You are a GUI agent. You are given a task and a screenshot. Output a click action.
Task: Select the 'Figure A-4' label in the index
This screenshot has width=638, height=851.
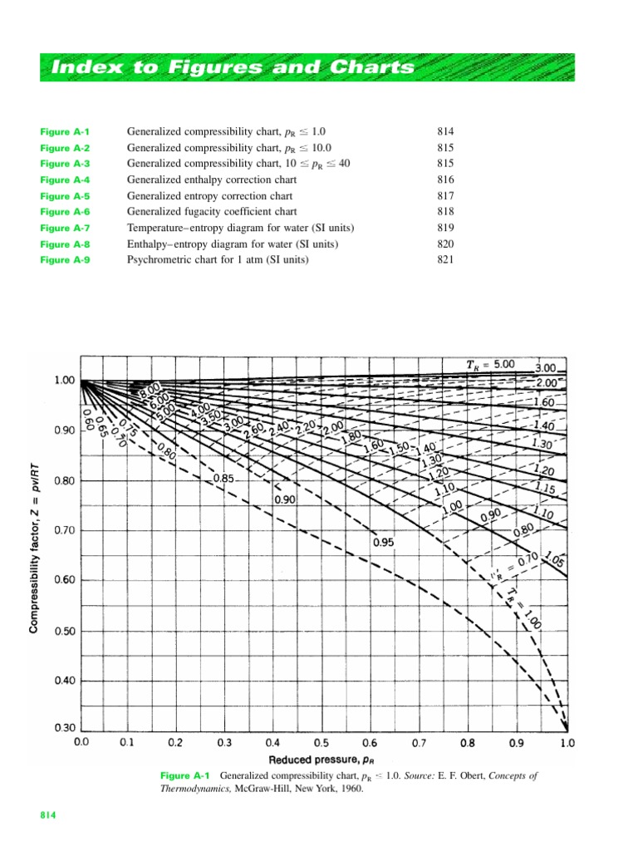click(65, 180)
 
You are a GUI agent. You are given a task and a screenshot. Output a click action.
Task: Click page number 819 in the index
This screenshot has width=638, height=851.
click(445, 229)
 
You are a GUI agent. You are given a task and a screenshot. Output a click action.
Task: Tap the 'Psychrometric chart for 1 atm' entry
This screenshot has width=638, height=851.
click(217, 260)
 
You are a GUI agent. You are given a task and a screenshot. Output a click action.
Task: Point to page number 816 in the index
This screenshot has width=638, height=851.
click(445, 180)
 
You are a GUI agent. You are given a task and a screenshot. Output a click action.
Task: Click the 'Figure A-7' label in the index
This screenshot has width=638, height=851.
click(65, 229)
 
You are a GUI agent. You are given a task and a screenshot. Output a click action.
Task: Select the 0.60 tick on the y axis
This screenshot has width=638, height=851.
click(64, 580)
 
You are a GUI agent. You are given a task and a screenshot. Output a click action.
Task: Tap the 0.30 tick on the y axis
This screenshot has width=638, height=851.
click(64, 729)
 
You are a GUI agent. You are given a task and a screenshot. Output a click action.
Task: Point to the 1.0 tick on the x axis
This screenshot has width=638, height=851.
click(567, 740)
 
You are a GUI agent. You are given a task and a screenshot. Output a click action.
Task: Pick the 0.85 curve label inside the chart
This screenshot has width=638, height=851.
click(223, 480)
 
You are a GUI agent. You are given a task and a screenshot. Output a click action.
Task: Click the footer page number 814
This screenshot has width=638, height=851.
click(48, 817)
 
